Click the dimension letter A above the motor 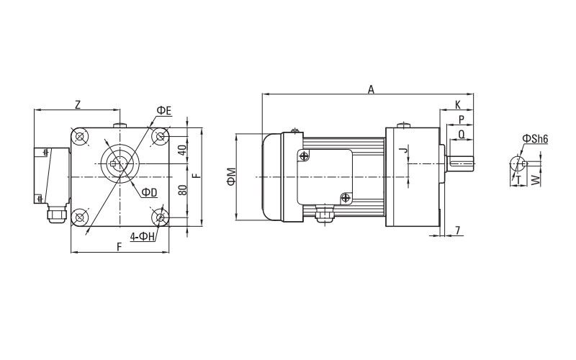(x=371, y=89)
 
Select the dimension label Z (x=77, y=105)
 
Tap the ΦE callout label (x=163, y=110)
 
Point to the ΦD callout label (x=149, y=192)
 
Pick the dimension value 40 (x=182, y=150)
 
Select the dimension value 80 (x=182, y=191)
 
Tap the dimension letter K (x=457, y=105)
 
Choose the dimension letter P (x=461, y=120)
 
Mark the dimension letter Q (x=461, y=133)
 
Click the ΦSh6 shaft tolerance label (x=536, y=138)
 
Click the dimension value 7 (x=459, y=230)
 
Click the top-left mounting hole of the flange (x=80, y=135)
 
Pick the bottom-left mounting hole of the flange (x=80, y=216)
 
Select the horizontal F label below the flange (x=119, y=246)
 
